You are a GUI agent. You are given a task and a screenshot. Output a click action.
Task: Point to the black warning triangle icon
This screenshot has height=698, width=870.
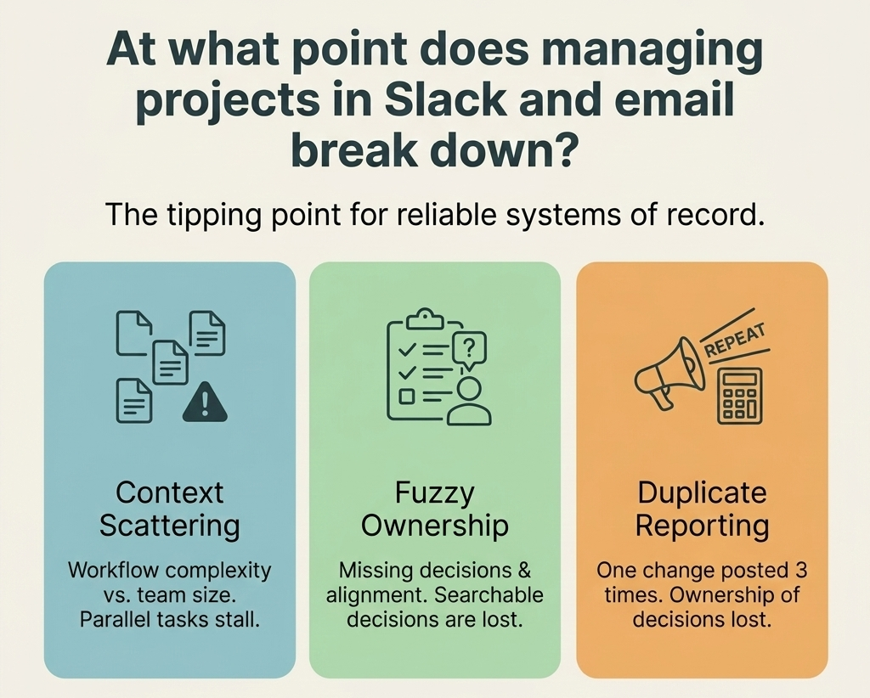(205, 402)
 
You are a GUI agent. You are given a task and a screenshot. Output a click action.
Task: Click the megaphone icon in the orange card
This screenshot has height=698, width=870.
(669, 373)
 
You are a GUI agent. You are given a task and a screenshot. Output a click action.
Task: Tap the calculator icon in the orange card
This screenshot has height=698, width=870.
(740, 396)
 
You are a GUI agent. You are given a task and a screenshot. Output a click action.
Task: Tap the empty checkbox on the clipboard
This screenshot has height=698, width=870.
(407, 397)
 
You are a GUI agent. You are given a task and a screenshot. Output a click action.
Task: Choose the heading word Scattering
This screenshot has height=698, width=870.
(170, 526)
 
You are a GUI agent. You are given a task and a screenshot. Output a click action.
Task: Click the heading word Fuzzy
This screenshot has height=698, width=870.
(434, 493)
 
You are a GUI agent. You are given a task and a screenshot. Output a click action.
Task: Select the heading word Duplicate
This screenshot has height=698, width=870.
(702, 493)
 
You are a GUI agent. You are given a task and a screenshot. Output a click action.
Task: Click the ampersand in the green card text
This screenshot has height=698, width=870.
(525, 571)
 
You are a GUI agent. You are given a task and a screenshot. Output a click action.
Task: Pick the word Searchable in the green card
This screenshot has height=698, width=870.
(489, 595)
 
